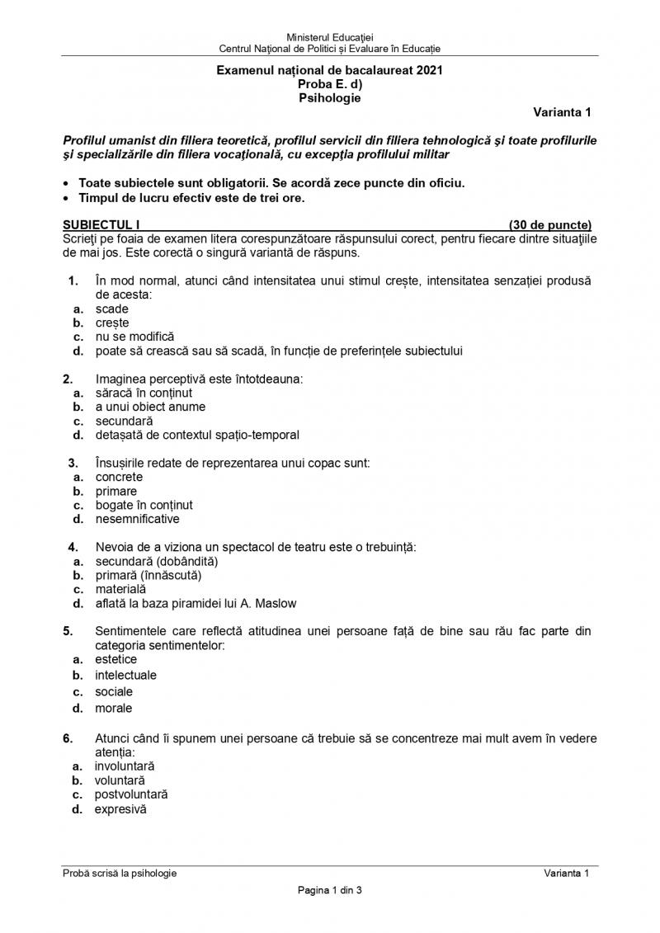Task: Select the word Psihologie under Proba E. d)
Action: coord(329,97)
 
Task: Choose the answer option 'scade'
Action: coord(111,309)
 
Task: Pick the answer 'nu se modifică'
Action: coord(134,337)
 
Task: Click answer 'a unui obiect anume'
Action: coord(150,407)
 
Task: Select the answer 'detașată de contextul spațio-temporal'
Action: coord(197,435)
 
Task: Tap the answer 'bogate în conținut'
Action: coord(144,505)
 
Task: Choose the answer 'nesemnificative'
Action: coord(137,519)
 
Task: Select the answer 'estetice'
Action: coord(116,659)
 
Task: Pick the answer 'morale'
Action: coord(113,708)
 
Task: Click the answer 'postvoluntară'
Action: coord(131,794)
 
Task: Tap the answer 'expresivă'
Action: coord(120,809)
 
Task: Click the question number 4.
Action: coord(73,547)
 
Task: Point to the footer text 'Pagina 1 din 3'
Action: coord(329,890)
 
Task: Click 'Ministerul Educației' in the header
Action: coord(329,38)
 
